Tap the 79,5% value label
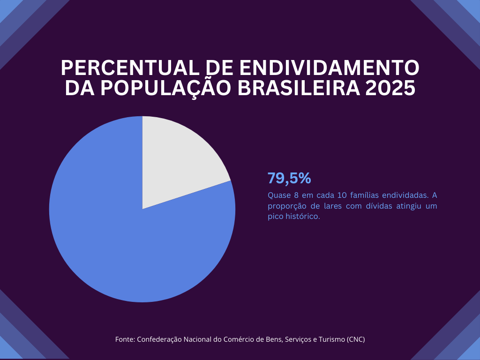click(289, 179)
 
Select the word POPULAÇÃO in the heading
click(166, 89)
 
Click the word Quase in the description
click(278, 195)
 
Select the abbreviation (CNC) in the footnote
click(355, 339)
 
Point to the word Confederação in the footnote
click(158, 339)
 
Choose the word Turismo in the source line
click(331, 339)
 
